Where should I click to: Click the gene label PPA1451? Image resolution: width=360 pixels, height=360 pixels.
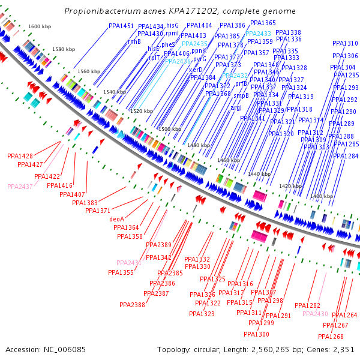click(x=121, y=26)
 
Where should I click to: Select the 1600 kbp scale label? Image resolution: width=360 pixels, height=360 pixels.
click(x=40, y=27)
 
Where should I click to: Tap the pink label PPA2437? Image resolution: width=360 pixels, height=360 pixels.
click(x=20, y=187)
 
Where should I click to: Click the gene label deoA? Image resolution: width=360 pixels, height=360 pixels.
click(x=117, y=219)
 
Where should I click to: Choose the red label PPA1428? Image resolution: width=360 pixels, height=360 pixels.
click(x=20, y=156)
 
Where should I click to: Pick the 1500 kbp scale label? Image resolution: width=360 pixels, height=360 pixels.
click(x=169, y=130)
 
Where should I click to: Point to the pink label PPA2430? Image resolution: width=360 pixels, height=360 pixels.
click(x=315, y=314)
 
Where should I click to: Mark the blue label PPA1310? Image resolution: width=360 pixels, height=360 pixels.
click(x=344, y=44)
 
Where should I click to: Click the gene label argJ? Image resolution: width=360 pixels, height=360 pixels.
click(x=236, y=107)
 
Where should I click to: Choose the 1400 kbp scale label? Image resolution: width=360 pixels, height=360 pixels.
click(x=321, y=197)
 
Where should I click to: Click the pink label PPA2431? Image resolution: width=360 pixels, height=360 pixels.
click(x=129, y=263)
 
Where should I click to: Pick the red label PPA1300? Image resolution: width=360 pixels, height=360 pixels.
click(x=256, y=334)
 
